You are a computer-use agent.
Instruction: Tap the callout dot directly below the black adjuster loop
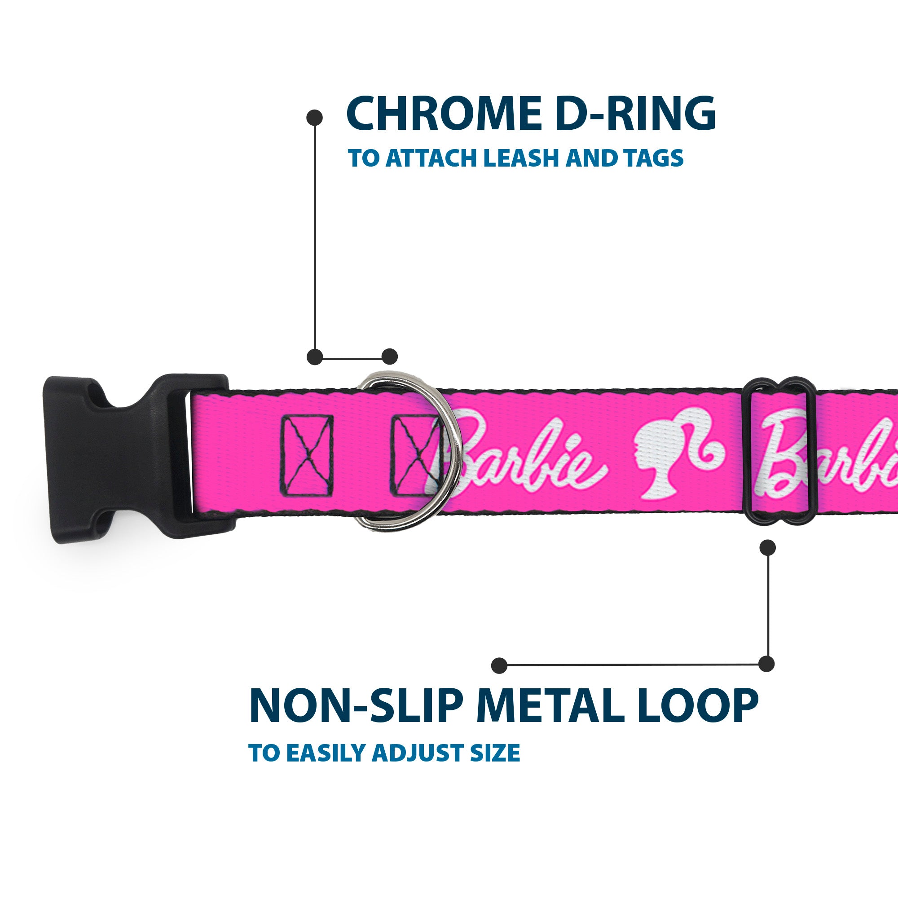coord(767,547)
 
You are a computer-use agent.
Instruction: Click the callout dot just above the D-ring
coord(389,357)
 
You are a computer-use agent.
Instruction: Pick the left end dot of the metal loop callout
coord(499,665)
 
